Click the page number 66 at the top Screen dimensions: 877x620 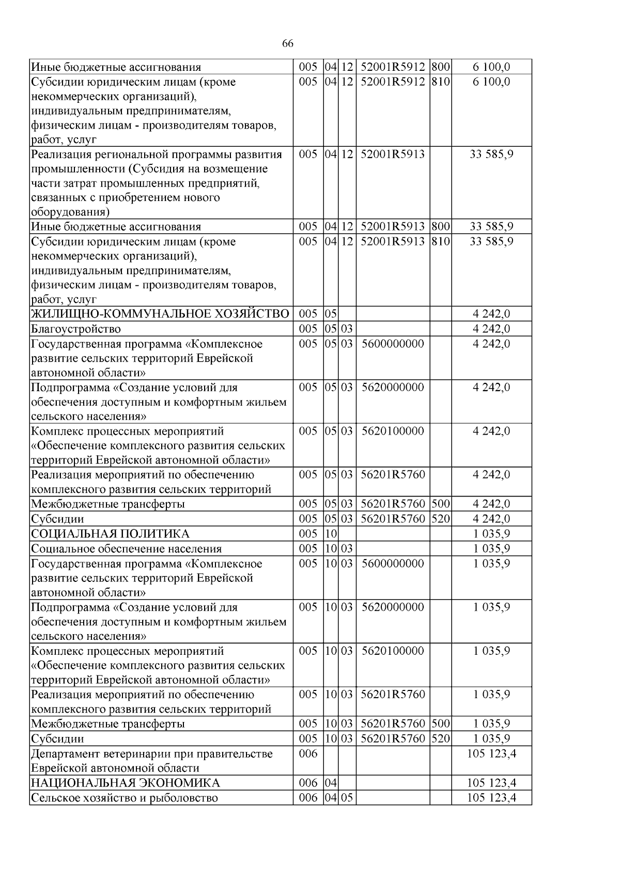(288, 44)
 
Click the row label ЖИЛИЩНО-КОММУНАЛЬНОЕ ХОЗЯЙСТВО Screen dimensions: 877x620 (160, 314)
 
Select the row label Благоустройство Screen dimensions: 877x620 (76, 329)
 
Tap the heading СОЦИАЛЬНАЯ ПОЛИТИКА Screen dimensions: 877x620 (110, 534)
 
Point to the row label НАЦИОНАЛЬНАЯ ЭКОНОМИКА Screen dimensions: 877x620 (125, 783)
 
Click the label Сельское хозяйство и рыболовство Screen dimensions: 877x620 (124, 798)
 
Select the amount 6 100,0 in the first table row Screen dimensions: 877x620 (491, 67)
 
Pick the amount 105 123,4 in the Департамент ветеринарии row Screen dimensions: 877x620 (491, 754)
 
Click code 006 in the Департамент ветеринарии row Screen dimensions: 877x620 (308, 754)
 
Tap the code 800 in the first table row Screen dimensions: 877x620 (441, 67)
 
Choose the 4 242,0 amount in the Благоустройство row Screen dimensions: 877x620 (491, 329)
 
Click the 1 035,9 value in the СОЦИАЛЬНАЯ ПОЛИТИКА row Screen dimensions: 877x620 (491, 534)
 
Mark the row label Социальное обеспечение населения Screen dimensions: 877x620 (127, 549)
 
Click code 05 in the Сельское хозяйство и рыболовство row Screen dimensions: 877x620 (347, 798)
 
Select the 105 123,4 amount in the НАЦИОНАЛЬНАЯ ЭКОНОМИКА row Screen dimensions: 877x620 (491, 783)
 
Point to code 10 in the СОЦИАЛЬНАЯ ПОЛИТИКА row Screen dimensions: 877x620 (331, 534)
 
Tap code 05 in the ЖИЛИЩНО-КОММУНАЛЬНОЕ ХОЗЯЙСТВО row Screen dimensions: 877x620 (331, 314)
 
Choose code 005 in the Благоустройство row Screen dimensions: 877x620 (308, 329)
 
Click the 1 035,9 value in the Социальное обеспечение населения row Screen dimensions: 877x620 (491, 549)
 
